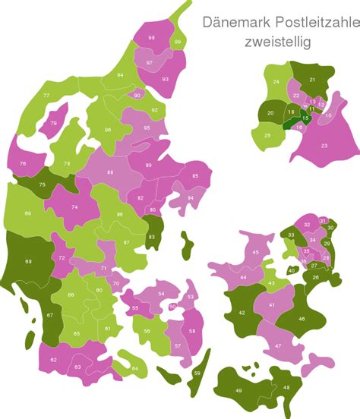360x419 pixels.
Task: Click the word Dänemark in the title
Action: pyautogui.click(x=230, y=21)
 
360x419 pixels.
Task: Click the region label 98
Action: pyautogui.click(x=152, y=37)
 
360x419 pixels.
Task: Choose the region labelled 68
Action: pyautogui.click(x=28, y=262)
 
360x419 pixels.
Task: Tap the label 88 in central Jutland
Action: pyautogui.click(x=110, y=172)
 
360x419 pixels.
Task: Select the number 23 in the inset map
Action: pyautogui.click(x=324, y=146)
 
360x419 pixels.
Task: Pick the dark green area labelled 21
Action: pyautogui.click(x=312, y=79)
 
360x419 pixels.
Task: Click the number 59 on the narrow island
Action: pyautogui.click(x=197, y=373)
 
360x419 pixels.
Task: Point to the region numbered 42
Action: pyautogui.click(x=242, y=313)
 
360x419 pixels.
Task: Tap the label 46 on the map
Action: pyautogui.click(x=302, y=319)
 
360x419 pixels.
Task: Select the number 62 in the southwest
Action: pyautogui.click(x=53, y=359)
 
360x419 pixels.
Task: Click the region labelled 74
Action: pyautogui.click(x=74, y=207)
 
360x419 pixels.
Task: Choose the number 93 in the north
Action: pyautogui.click(x=165, y=78)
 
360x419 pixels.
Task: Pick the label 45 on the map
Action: pyautogui.click(x=256, y=252)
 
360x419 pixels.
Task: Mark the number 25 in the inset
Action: pyautogui.click(x=267, y=136)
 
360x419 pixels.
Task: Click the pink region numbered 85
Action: pyautogui.click(x=195, y=176)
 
